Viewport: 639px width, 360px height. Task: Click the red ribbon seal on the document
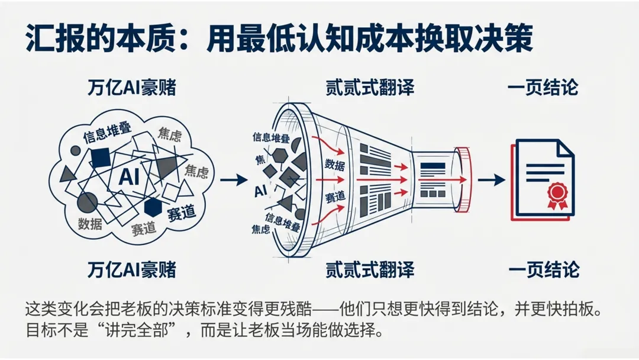(557, 193)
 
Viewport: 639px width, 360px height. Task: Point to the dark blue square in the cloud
(101, 157)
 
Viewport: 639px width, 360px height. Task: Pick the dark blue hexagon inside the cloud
(153, 207)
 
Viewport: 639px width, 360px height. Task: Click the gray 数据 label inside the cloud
(90, 223)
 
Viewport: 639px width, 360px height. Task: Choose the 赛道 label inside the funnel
(335, 197)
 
